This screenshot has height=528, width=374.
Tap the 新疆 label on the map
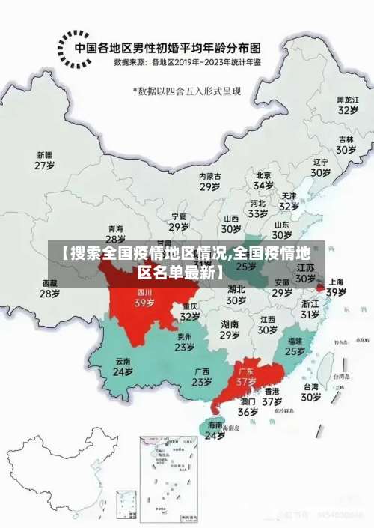pyautogui.click(x=45, y=155)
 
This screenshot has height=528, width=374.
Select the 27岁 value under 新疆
pyautogui.click(x=45, y=165)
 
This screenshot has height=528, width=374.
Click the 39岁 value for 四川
pyautogui.click(x=144, y=303)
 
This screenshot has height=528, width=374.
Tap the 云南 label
pyautogui.click(x=123, y=361)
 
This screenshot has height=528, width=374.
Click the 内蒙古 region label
pyautogui.click(x=209, y=176)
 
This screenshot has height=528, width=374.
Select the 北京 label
pyautogui.click(x=263, y=175)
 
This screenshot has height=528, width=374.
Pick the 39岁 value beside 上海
pyautogui.click(x=336, y=292)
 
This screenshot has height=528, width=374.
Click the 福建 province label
pyautogui.click(x=295, y=341)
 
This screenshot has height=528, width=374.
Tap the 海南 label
pyautogui.click(x=215, y=425)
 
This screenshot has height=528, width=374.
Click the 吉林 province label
pyautogui.click(x=346, y=139)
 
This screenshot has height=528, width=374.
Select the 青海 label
pyautogui.click(x=115, y=228)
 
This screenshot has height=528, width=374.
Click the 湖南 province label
pyautogui.click(x=230, y=324)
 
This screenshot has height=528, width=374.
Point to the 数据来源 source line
pyautogui.click(x=188, y=63)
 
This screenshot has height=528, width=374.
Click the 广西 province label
pyautogui.click(x=201, y=371)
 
